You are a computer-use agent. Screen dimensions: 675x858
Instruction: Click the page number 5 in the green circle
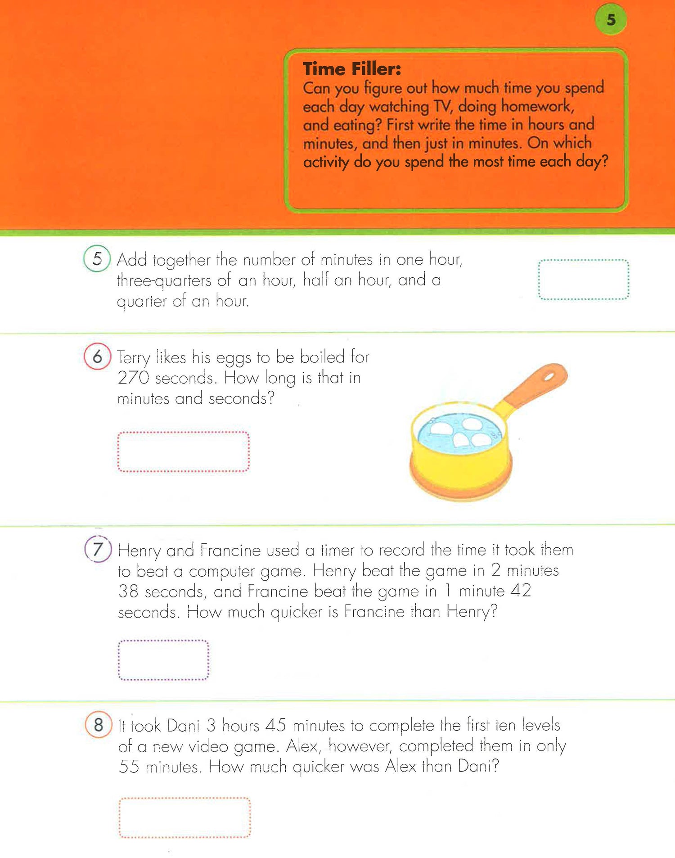(x=611, y=19)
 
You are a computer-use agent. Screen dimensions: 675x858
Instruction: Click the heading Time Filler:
(x=352, y=69)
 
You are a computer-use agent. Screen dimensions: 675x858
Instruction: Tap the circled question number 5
(x=97, y=258)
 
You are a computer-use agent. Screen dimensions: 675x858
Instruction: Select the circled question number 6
(x=97, y=357)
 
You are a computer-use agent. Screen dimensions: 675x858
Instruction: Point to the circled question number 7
(x=98, y=549)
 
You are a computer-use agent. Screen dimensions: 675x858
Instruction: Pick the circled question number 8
(x=99, y=724)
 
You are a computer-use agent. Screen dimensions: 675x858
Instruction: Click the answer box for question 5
(x=583, y=280)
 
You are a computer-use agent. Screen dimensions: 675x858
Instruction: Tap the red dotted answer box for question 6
(x=183, y=452)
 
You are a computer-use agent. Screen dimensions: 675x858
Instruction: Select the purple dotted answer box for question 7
(x=163, y=660)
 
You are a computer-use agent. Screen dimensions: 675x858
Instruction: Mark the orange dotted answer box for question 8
(x=184, y=817)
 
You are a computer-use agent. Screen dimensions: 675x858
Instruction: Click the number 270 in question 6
(x=133, y=378)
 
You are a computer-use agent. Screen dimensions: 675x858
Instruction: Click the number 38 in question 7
(x=128, y=591)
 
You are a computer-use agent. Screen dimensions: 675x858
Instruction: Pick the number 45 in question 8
(x=276, y=725)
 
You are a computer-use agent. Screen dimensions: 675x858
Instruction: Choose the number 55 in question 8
(x=129, y=767)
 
